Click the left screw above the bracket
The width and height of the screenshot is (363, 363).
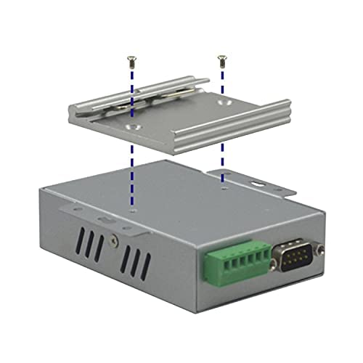coord(130,57)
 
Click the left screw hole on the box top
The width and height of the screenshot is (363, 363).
coord(131,211)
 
